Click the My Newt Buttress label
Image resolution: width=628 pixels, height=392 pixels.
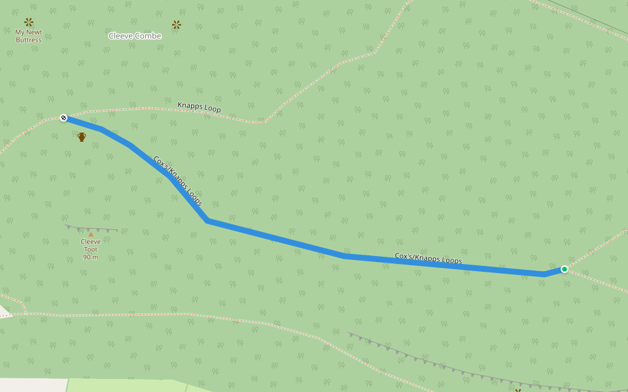click(x=29, y=36)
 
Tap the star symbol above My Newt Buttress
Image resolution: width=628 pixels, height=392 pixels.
click(x=29, y=22)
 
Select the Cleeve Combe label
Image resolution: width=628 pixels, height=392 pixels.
click(x=135, y=36)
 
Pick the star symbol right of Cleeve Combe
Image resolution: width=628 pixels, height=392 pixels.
click(x=176, y=25)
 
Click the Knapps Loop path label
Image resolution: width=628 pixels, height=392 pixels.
click(x=199, y=107)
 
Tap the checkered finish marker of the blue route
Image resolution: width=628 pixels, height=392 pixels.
click(x=63, y=118)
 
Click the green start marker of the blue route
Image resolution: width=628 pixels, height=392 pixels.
click(x=564, y=269)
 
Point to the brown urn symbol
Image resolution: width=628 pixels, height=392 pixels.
click(x=82, y=137)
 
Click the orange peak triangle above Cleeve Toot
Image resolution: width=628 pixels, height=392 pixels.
click(x=90, y=234)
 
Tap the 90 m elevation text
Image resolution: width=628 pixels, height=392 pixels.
click(x=90, y=257)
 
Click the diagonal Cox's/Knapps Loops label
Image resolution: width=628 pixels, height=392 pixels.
click(x=177, y=181)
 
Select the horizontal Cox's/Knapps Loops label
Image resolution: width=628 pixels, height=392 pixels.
click(x=428, y=259)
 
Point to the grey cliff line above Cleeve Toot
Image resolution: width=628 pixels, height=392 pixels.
click(x=92, y=229)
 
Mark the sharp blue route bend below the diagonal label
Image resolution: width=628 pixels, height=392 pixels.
click(x=207, y=221)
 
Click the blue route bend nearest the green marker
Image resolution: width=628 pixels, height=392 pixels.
click(x=544, y=274)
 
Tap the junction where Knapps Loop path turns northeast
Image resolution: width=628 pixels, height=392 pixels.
click(x=264, y=122)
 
